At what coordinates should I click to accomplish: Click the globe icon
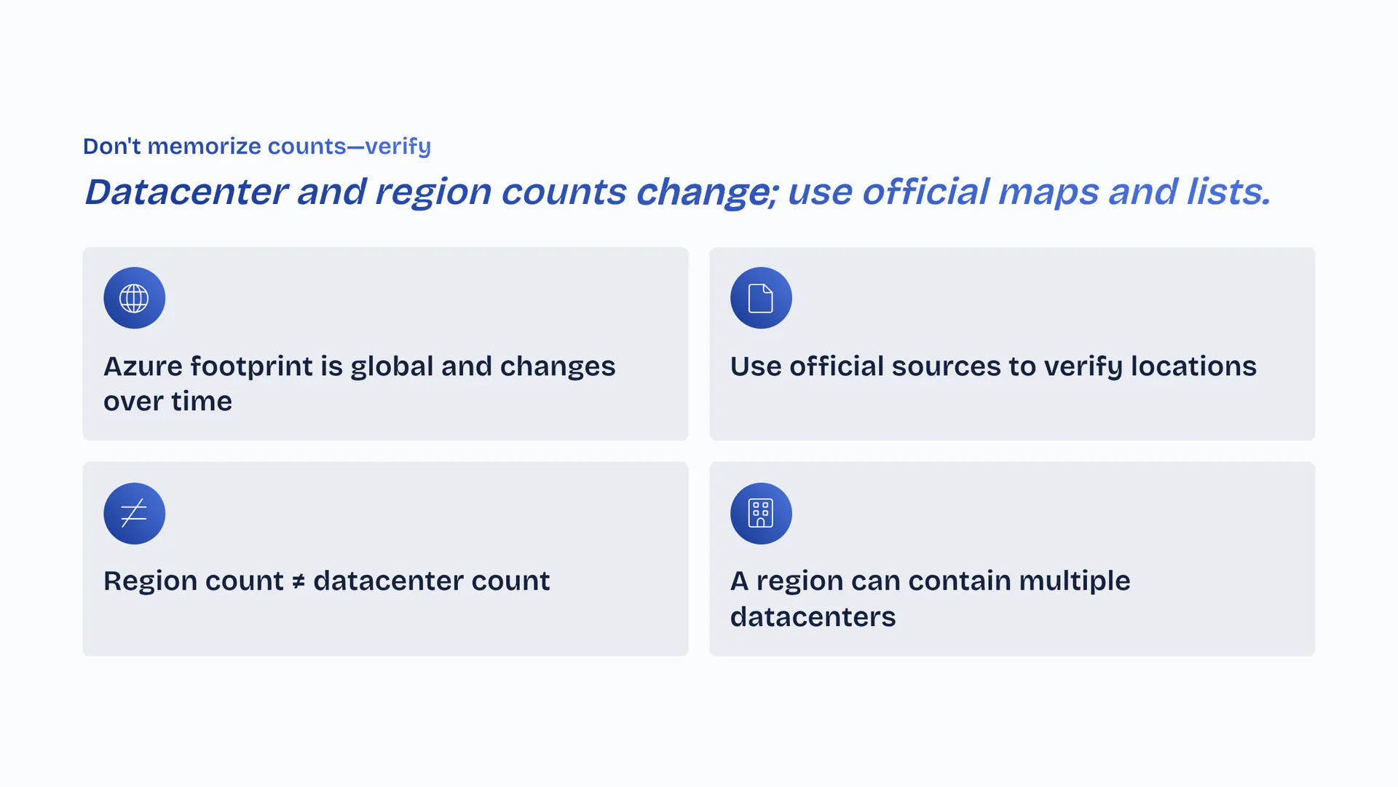[x=134, y=298]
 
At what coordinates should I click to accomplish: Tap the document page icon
[x=761, y=298]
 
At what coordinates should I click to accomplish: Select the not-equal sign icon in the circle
[x=134, y=513]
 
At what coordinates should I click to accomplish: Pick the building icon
[x=761, y=513]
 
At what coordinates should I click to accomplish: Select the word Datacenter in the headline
[x=186, y=192]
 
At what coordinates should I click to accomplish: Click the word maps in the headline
[x=1048, y=193]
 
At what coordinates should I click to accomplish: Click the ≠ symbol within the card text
[x=299, y=582]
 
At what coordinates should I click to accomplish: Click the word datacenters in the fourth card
[x=813, y=617]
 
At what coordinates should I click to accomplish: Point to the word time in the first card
[x=202, y=402]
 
